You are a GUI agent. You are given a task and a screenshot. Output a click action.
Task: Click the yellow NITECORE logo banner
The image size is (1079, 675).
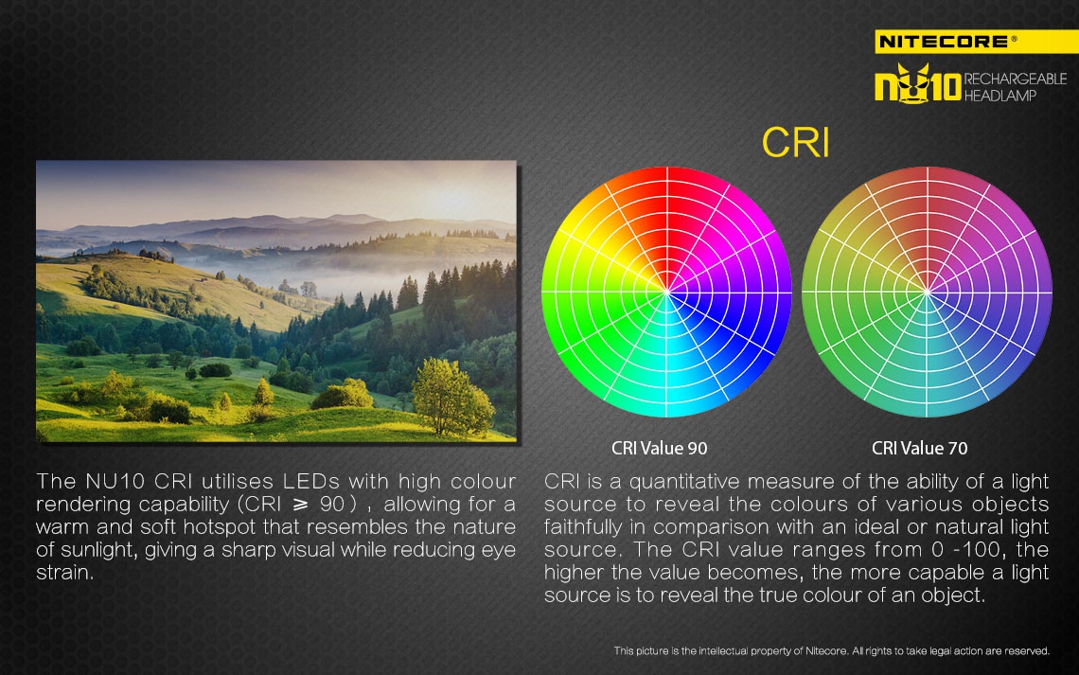[977, 42]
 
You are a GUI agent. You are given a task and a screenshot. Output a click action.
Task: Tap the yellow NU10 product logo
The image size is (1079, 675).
[918, 84]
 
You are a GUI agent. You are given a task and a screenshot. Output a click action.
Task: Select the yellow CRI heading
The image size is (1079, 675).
[795, 142]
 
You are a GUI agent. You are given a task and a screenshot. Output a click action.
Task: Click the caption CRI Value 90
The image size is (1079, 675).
[660, 448]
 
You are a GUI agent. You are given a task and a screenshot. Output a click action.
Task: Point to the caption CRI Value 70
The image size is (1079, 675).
[919, 448]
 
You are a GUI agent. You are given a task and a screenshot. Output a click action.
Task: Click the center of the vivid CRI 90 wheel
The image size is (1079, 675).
[667, 292]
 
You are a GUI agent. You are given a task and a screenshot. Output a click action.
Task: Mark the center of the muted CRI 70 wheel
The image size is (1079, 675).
[927, 292]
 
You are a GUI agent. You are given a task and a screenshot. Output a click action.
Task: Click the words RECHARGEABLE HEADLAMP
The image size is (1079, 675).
[1015, 87]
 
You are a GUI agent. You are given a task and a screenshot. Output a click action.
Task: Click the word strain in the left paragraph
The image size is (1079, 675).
[64, 573]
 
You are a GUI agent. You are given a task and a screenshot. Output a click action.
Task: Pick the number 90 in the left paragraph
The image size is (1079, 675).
[331, 505]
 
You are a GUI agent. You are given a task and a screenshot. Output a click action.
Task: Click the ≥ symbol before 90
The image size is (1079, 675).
[300, 505]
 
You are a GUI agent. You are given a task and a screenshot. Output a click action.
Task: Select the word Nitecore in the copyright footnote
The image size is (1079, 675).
[825, 651]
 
